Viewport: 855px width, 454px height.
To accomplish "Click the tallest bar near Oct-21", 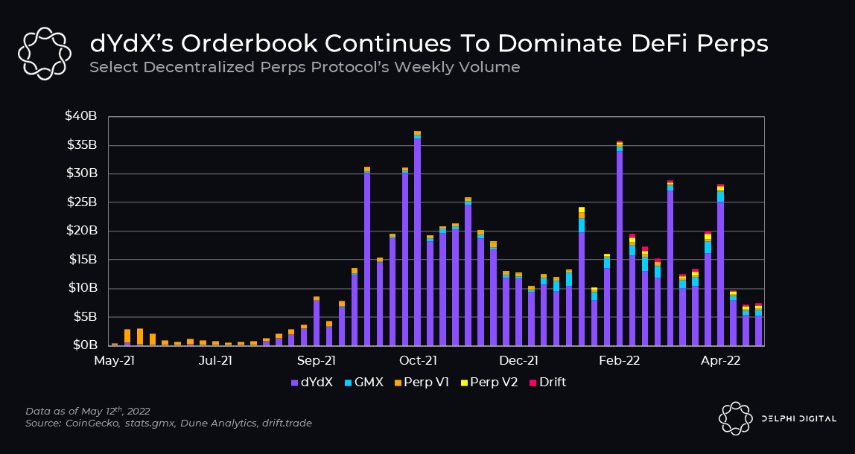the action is (x=417, y=239).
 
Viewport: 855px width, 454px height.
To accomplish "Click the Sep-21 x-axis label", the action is (x=317, y=360).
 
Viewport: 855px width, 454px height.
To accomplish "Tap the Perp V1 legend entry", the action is (x=422, y=383).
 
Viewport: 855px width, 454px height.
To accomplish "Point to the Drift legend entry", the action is (x=547, y=383).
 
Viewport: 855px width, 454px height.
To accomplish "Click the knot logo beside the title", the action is (x=44, y=54).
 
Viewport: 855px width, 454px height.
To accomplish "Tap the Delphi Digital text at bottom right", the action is (x=798, y=418).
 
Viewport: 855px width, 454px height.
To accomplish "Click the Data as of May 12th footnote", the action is (x=88, y=410).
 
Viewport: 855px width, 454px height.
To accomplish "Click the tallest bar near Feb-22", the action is (x=620, y=243).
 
